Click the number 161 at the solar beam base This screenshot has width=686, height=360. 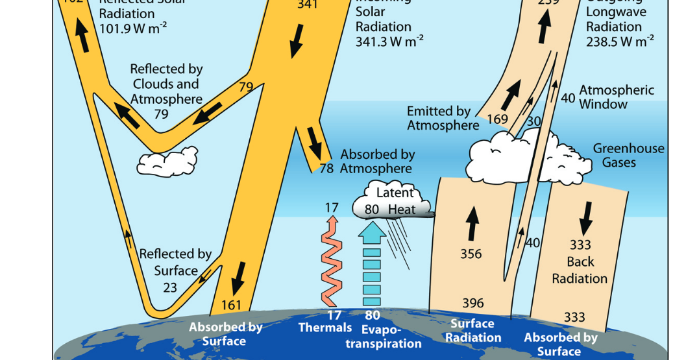pos(231,305)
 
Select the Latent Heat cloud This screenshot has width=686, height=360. pos(392,201)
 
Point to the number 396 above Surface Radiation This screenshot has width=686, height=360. pos(472,303)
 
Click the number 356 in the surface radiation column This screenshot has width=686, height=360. pos(471,254)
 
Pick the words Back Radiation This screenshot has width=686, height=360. pos(580,270)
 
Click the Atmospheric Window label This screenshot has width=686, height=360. pos(616,97)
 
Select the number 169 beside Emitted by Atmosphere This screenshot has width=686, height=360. pos(497,119)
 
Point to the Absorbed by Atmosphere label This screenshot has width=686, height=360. pos(377,162)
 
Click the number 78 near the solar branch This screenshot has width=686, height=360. pos(326,169)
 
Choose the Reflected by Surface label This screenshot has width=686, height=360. pos(175,262)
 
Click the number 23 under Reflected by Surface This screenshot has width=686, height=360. pos(170,287)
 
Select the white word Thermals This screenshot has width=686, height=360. pos(325,328)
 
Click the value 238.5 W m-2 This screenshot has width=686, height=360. pos(620,42)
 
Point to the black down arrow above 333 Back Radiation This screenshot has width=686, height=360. pos(587,217)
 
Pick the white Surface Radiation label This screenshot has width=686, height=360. pos(473,331)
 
